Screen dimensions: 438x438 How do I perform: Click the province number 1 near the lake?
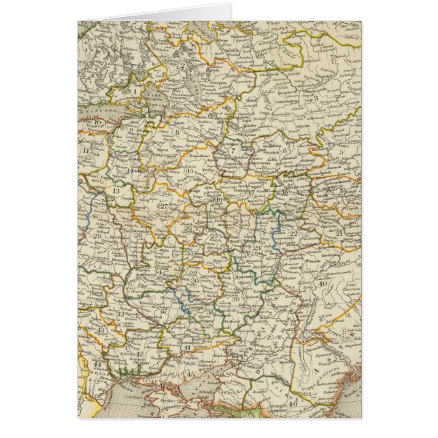click(x=136, y=87)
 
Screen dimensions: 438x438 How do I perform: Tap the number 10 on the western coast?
click(x=98, y=123)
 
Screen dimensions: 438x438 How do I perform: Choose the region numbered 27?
click(x=163, y=205)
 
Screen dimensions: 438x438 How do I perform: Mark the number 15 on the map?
click(x=188, y=170)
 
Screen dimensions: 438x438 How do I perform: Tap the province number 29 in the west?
click(x=98, y=236)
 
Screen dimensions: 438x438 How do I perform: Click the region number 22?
click(x=294, y=233)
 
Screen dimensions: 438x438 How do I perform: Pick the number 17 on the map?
click(x=251, y=192)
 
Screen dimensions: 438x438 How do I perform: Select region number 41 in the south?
click(x=187, y=347)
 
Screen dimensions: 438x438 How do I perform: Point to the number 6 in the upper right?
click(x=286, y=152)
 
